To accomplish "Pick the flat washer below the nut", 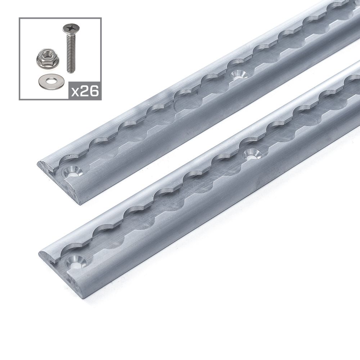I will click(48, 81).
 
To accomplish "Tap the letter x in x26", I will click(75, 92).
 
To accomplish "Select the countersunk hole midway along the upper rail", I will click(237, 75).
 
